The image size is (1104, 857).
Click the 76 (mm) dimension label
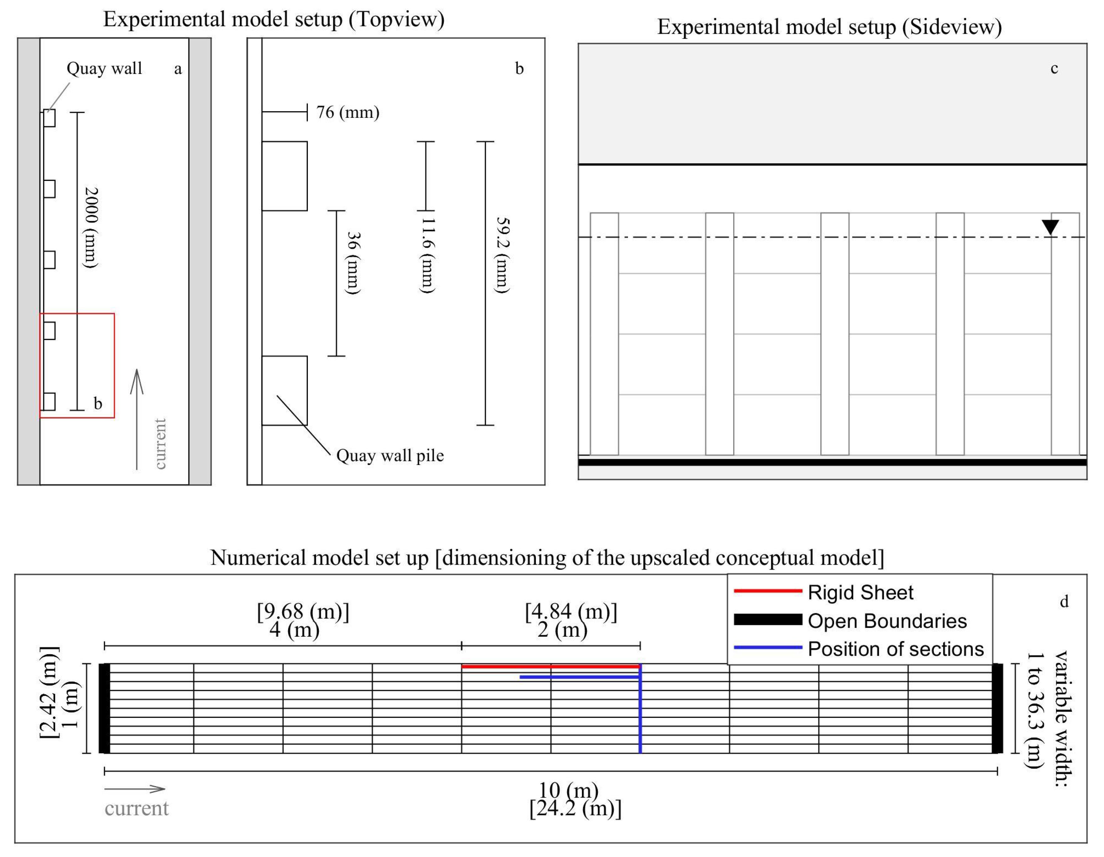347,112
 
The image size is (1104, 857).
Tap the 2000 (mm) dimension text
91,227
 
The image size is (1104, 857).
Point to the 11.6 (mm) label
428,255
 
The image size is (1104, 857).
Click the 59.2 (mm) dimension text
502,255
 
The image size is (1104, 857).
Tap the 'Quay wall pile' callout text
390,456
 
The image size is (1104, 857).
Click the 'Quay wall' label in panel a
104,68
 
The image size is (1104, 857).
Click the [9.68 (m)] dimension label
303,611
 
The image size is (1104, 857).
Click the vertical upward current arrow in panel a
137,420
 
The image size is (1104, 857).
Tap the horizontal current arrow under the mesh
134,789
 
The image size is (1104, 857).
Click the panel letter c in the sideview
1054,69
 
